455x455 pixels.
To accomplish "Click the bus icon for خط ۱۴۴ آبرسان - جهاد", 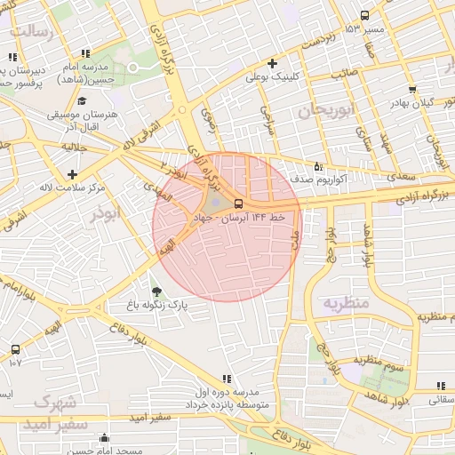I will (236, 203).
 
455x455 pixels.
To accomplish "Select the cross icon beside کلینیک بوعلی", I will (272, 63).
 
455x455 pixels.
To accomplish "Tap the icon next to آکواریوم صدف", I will (319, 165).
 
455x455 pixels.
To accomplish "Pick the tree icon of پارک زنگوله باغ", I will (156, 291).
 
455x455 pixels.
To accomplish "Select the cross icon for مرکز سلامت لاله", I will (72, 174).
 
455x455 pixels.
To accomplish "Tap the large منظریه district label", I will (344, 303).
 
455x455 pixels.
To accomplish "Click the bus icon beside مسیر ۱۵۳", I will (365, 15).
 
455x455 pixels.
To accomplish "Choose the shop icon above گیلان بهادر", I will (412, 89).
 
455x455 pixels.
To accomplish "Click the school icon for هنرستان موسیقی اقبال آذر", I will (83, 100).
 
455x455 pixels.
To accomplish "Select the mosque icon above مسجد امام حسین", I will (106, 437).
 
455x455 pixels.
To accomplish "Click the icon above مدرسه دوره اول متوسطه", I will (227, 378).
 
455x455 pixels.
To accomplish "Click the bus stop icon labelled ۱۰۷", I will (15, 348).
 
